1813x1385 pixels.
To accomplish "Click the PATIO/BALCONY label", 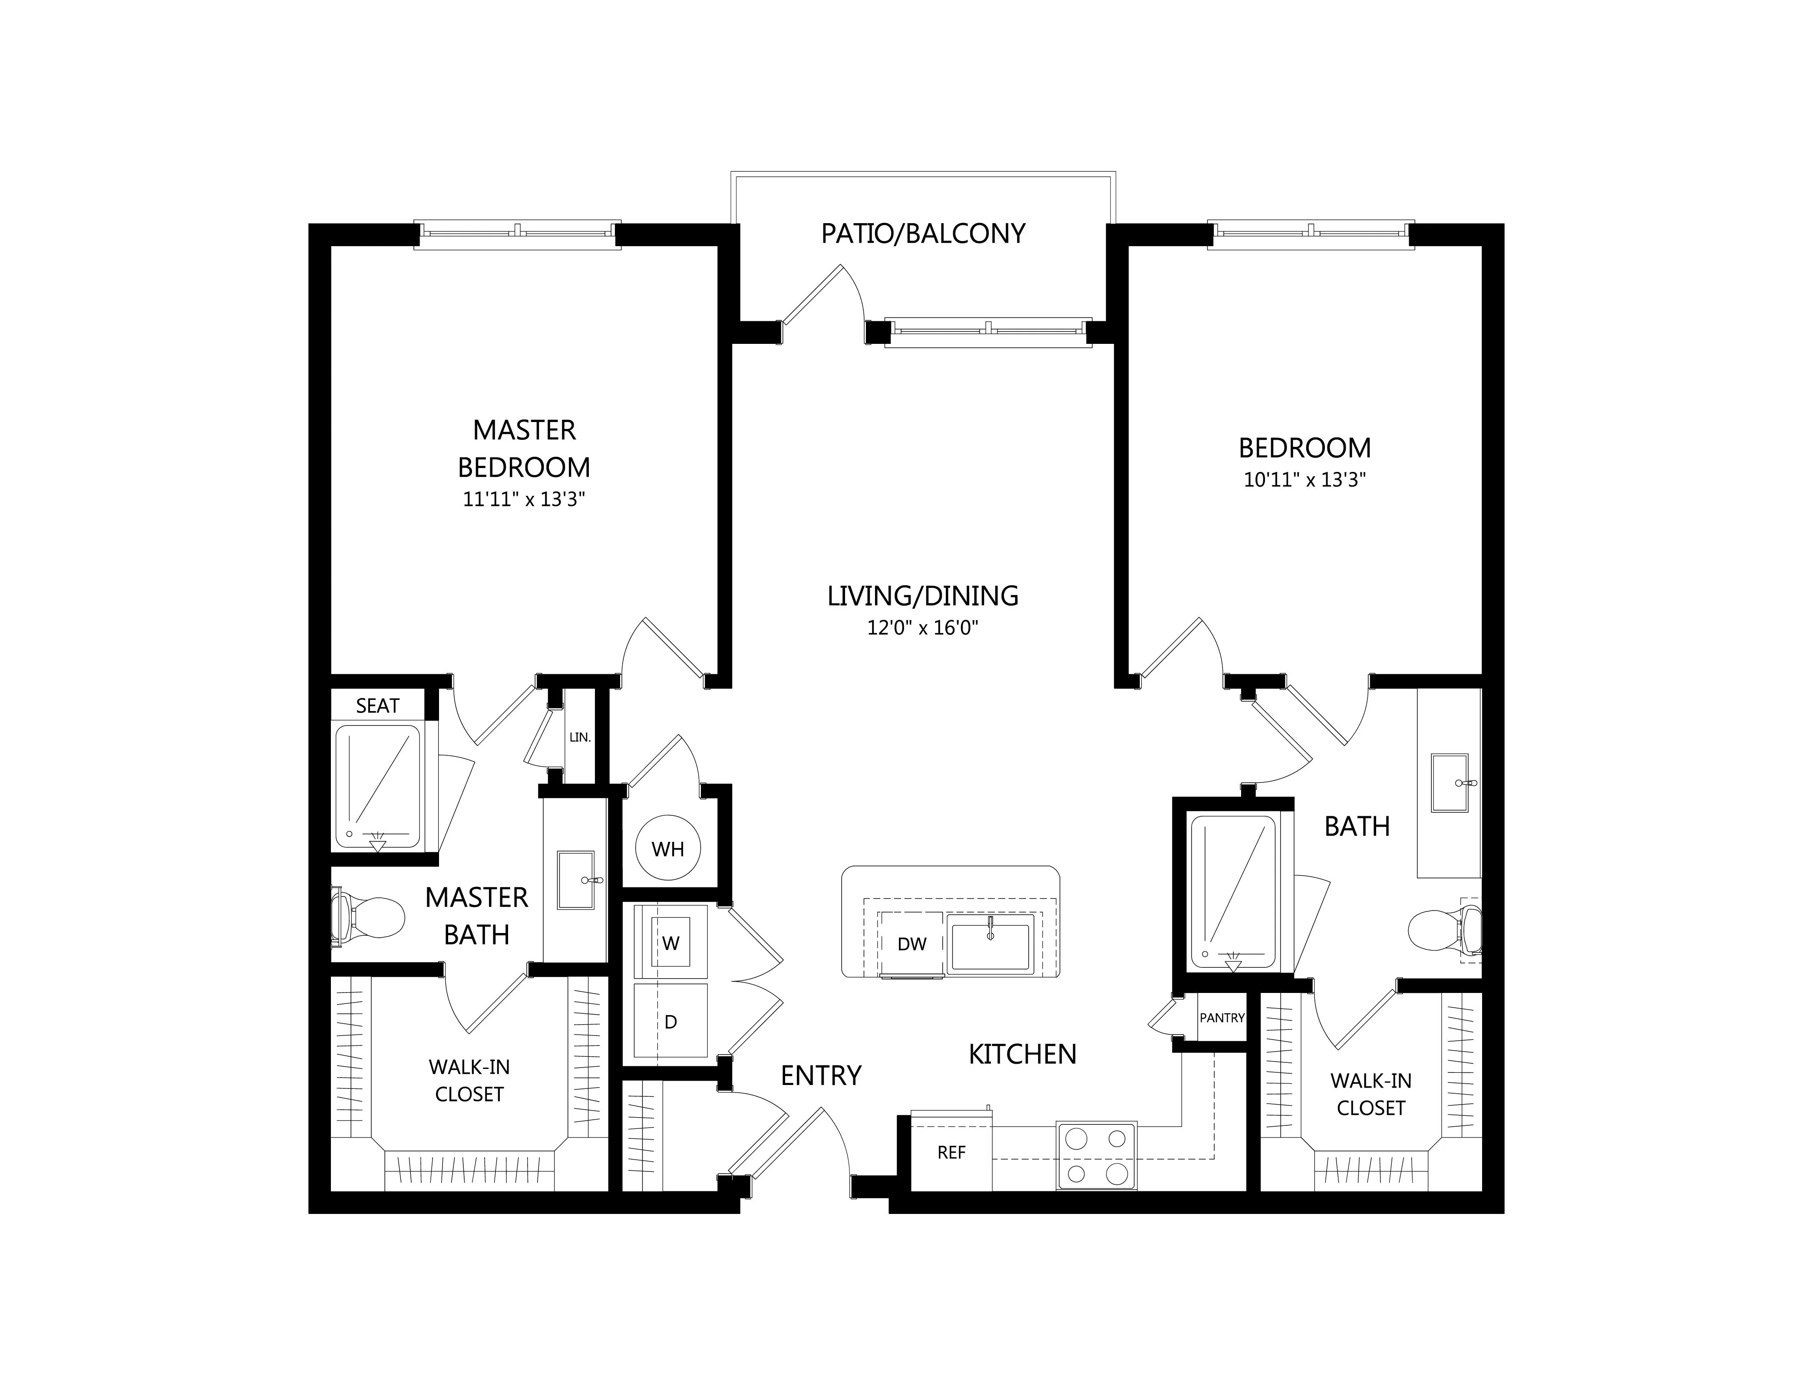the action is click(923, 234).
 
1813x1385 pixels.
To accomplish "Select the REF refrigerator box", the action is click(951, 1152).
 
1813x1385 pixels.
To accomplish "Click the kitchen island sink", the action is click(990, 941).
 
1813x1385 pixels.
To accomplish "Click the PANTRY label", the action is click(1222, 1018).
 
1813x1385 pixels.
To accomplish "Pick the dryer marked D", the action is click(671, 1022).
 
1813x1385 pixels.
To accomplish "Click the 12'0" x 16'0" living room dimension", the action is click(923, 628).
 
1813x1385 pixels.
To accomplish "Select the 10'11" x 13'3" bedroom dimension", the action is click(1305, 480).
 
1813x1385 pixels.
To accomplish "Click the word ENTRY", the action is click(821, 1076).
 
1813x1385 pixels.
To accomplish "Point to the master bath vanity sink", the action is click(575, 880).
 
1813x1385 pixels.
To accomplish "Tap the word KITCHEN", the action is click(1022, 1055).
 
